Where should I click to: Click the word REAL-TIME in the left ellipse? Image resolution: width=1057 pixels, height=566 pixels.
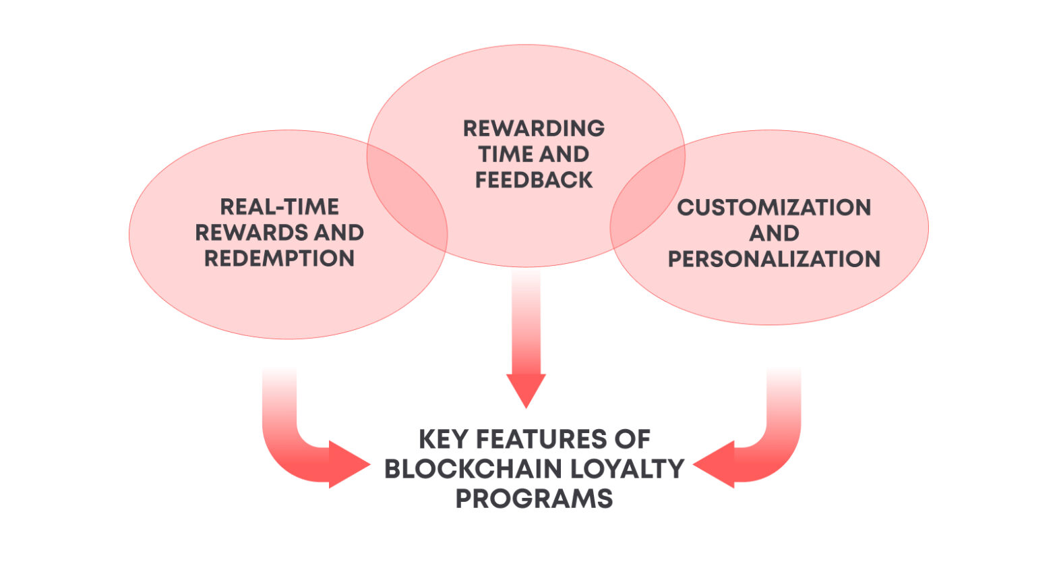point(279,206)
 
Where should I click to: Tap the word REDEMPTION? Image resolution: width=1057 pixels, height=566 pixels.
point(279,258)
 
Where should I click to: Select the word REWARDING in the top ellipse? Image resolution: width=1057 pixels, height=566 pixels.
point(534,128)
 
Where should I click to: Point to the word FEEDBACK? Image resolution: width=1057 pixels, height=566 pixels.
point(534,180)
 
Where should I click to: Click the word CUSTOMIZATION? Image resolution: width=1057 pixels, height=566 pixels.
point(774,207)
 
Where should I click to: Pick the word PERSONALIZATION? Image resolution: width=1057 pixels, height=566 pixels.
point(774,259)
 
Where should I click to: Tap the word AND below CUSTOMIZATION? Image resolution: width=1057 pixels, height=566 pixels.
point(774,233)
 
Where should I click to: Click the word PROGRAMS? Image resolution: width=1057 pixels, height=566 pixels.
point(534,499)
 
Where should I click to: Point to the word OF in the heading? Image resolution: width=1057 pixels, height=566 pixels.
point(632,440)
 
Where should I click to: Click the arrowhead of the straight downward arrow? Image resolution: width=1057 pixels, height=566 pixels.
point(526,389)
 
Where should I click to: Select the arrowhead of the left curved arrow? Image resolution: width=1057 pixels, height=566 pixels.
point(347,464)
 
